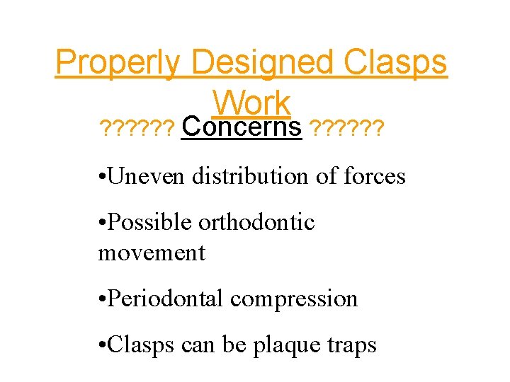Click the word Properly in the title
pyautogui.click(x=118, y=64)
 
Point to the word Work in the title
pyautogui.click(x=251, y=103)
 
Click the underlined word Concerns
pyautogui.click(x=242, y=128)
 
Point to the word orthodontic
pyautogui.click(x=256, y=222)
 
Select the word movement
pyautogui.click(x=152, y=253)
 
